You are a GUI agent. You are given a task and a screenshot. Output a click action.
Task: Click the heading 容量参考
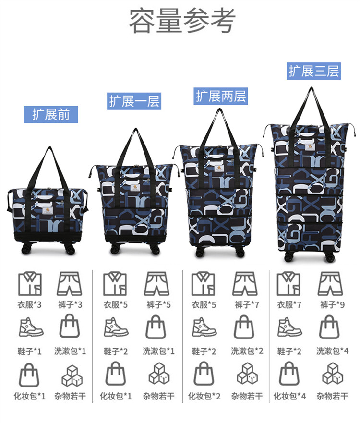[182, 21]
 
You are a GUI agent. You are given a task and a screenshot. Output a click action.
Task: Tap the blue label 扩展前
[51, 115]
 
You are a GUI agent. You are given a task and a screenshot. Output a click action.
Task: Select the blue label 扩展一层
[134, 101]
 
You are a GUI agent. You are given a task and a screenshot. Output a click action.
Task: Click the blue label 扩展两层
[221, 96]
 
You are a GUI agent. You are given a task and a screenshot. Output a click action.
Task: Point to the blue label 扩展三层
[314, 71]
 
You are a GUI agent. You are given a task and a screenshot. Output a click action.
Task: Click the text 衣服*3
[30, 305]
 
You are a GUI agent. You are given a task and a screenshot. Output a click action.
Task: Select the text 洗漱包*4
[333, 351]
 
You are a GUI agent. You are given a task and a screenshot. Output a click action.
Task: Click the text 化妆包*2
[204, 396]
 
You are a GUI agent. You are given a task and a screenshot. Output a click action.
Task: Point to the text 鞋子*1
[30, 351]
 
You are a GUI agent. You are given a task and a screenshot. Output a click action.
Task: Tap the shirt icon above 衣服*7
[289, 284]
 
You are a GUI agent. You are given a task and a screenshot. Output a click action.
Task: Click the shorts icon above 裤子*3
[70, 284]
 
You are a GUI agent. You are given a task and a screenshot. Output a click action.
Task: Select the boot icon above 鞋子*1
[30, 327]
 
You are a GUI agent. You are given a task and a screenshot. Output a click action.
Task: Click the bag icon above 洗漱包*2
[245, 327]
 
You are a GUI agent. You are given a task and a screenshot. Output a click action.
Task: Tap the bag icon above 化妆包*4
[289, 375]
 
